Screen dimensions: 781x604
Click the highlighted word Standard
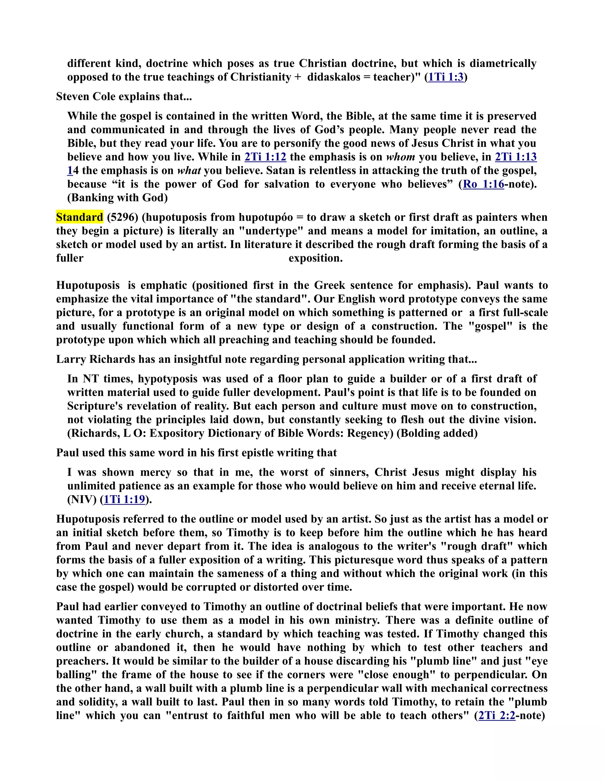click(x=79, y=217)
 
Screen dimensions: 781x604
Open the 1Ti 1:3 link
click(x=446, y=77)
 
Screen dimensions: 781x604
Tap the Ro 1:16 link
click(x=483, y=184)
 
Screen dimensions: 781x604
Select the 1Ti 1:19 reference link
click(x=124, y=499)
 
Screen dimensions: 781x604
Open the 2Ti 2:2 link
click(x=497, y=715)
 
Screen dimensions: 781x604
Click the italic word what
click(x=189, y=170)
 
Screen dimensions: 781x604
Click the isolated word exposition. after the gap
click(x=315, y=258)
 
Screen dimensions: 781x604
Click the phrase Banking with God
click(x=117, y=197)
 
